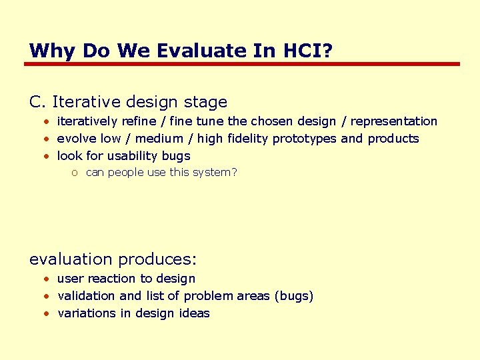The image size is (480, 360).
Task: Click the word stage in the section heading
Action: (x=206, y=103)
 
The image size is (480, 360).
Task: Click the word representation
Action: (x=393, y=121)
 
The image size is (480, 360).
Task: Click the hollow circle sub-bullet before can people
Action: (x=75, y=173)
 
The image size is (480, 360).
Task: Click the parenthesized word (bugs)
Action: (x=293, y=296)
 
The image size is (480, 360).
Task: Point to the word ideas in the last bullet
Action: (x=194, y=313)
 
